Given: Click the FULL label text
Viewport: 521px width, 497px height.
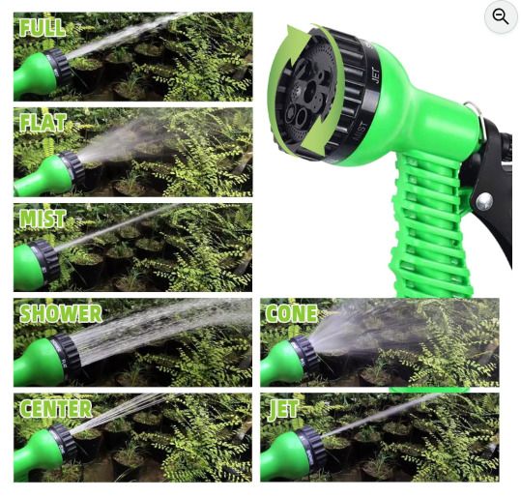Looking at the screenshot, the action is click(43, 28).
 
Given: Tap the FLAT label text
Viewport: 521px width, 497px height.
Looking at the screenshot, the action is click(43, 123).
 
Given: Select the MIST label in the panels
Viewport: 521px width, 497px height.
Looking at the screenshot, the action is click(43, 219).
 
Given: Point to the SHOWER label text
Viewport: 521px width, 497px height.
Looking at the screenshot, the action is click(61, 313).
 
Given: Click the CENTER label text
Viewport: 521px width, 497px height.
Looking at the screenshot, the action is click(55, 408).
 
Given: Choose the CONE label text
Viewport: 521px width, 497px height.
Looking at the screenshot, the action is click(291, 313).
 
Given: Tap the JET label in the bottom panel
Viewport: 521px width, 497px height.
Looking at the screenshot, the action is click(283, 409).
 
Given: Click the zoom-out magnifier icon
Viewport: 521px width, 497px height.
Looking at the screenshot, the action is click(501, 16).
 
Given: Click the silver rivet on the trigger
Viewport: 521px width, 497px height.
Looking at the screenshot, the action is click(483, 201).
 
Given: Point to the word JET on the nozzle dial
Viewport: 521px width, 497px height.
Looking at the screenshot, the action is click(376, 75).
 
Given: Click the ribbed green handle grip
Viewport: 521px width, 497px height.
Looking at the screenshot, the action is click(428, 226).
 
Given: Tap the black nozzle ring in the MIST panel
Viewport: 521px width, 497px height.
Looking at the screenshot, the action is click(45, 262).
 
